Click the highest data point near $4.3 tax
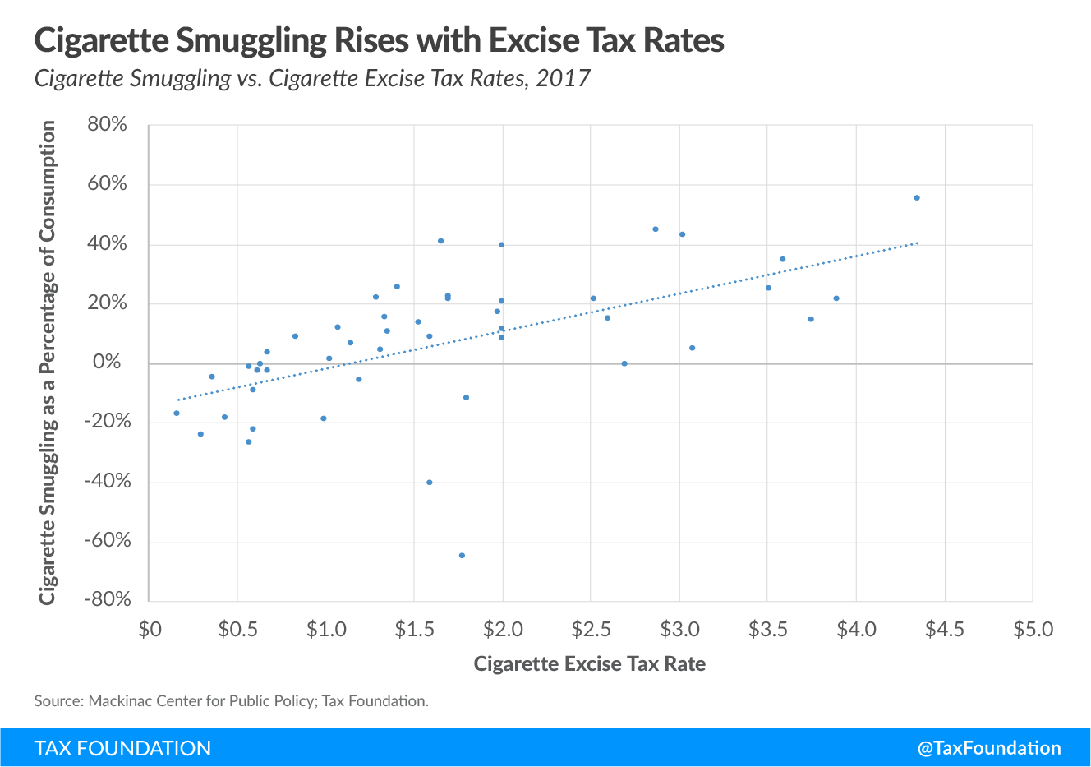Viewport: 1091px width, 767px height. pos(917,198)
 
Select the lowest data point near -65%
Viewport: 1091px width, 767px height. pos(462,556)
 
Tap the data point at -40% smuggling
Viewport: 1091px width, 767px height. pos(429,483)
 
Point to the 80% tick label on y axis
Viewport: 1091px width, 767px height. pos(108,125)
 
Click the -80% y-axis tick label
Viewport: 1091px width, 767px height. pos(108,599)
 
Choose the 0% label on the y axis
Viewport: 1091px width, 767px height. pos(108,363)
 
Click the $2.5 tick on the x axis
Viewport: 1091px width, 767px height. pos(591,630)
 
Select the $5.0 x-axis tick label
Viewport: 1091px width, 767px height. pos(1033,630)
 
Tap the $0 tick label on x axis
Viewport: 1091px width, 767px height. pos(150,630)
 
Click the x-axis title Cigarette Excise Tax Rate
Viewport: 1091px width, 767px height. pos(590,664)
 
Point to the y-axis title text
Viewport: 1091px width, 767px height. pos(48,363)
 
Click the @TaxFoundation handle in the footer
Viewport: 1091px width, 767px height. pos(989,748)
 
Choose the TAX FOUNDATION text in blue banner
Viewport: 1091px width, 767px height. pos(123,748)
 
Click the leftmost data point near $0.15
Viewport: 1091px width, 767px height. pos(177,414)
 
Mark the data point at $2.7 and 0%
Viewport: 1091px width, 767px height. pos(624,363)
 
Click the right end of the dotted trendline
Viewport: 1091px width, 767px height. pos(918,243)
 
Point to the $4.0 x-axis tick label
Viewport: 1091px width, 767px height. pos(856,630)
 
